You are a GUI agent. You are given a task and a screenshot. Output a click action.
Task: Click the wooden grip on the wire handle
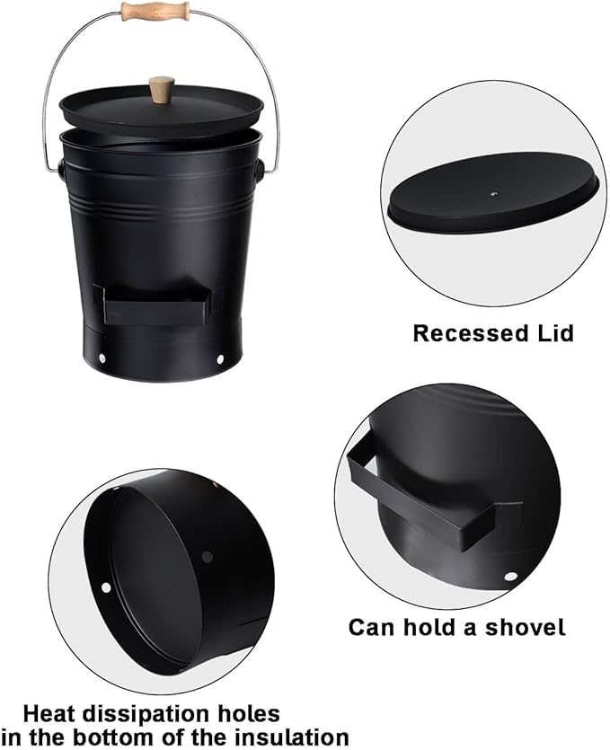(155, 11)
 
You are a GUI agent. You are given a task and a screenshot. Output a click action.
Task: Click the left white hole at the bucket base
(102, 357)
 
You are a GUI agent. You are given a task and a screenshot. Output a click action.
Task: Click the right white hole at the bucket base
(220, 358)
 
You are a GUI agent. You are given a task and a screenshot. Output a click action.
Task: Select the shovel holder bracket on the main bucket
(152, 304)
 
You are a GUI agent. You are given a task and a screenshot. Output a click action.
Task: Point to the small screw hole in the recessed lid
(495, 194)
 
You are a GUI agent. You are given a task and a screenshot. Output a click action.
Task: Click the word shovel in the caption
(526, 627)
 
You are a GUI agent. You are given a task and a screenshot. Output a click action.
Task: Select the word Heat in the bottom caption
(49, 714)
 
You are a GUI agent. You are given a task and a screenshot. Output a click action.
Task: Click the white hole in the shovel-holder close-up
(510, 577)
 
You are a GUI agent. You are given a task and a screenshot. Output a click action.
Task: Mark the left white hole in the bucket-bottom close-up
(106, 587)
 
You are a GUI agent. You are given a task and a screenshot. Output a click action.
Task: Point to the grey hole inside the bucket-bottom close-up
(208, 556)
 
